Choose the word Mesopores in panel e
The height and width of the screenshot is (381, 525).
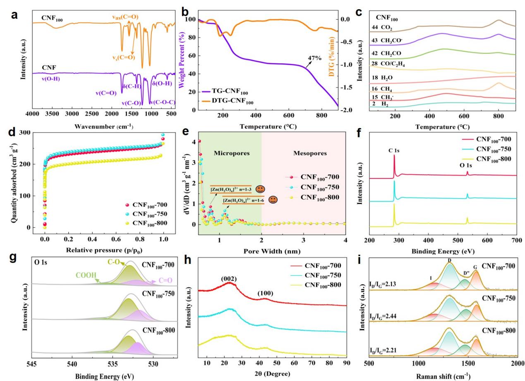pyautogui.click(x=303, y=153)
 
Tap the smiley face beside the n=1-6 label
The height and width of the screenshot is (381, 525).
pyautogui.click(x=273, y=200)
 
